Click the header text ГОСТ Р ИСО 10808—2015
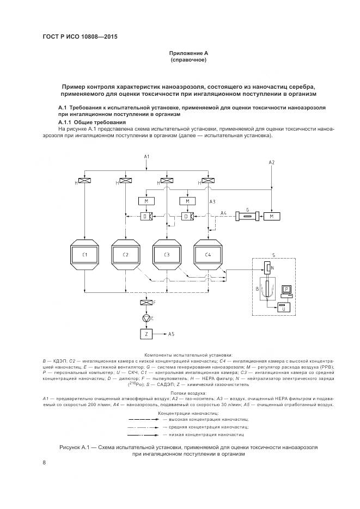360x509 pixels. (80, 37)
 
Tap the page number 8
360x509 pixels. (44, 463)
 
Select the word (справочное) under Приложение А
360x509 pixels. (188, 60)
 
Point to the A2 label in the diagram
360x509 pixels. (272, 163)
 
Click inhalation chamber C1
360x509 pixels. (84, 254)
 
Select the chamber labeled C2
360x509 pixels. (125, 254)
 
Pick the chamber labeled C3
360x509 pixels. (167, 254)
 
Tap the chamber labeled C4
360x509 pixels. (208, 254)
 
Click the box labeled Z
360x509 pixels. (145, 333)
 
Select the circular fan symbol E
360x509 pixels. (145, 318)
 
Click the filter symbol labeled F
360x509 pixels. (145, 302)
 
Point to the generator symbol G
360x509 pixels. (248, 217)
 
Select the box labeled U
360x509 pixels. (284, 308)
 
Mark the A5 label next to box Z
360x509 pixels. (171, 333)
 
